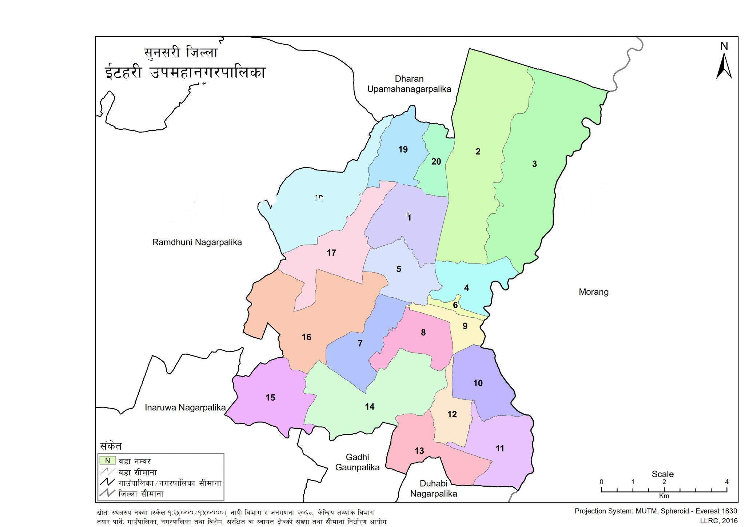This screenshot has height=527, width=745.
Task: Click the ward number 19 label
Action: [x=403, y=149]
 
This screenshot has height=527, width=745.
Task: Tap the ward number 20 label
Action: [x=436, y=161]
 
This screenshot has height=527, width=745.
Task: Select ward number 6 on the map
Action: [x=455, y=305]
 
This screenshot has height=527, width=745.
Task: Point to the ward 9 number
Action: [x=465, y=326]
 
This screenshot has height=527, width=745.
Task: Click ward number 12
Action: [x=452, y=414]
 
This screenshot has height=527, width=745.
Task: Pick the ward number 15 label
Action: [x=270, y=398]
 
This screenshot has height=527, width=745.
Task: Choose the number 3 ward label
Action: [x=534, y=164]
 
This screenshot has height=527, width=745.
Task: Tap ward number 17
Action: [x=331, y=253]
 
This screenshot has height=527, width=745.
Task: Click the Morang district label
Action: [x=593, y=292]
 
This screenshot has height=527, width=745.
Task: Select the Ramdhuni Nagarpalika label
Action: [x=197, y=242]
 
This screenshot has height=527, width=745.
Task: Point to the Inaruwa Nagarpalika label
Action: [x=185, y=407]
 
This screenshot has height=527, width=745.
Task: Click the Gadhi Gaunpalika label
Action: [x=357, y=462]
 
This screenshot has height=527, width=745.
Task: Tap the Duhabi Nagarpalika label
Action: [x=433, y=488]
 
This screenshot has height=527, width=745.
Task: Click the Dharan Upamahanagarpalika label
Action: [x=409, y=84]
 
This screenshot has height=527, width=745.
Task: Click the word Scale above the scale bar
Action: [x=662, y=474]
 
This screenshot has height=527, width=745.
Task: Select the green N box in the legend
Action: [x=107, y=460]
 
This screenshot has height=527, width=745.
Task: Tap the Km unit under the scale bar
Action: [x=664, y=496]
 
